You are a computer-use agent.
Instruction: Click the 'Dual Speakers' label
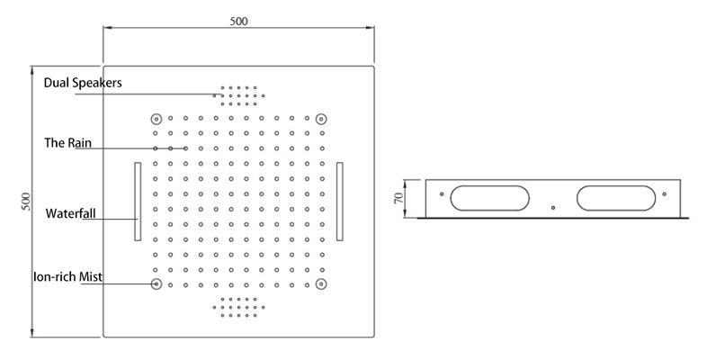(83, 83)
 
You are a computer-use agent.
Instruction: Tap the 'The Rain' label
(67, 143)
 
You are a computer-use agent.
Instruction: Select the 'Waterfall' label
(70, 213)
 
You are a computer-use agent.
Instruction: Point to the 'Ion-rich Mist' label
(67, 276)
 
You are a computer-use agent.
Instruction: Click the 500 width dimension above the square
(238, 22)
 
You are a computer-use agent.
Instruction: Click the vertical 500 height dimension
(26, 202)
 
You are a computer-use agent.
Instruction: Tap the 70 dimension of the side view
(398, 198)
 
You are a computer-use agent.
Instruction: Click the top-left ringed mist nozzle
(156, 119)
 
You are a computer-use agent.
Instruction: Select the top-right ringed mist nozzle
(320, 119)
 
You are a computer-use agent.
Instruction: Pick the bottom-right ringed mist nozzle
(320, 283)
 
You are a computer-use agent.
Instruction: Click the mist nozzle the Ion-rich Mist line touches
(156, 283)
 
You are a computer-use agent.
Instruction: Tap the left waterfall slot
(138, 202)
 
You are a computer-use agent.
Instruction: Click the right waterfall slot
(339, 202)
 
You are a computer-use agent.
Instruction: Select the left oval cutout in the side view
(489, 198)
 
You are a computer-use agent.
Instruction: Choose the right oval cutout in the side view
(616, 198)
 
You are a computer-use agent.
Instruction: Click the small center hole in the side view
(553, 208)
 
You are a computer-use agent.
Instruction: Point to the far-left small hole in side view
(442, 194)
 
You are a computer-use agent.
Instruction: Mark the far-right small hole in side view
(664, 194)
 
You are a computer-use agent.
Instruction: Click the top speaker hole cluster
(238, 95)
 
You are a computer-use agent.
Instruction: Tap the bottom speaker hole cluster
(238, 307)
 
